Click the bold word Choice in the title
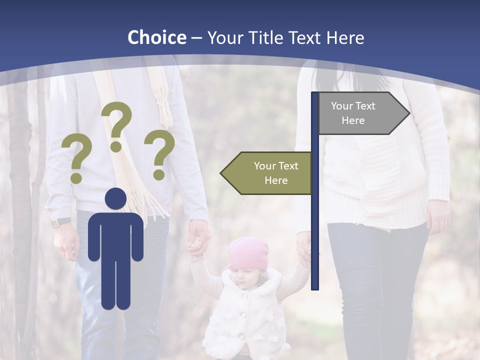[x=156, y=37]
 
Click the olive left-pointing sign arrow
[x=267, y=173]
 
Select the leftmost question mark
[x=76, y=160]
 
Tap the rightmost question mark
[x=159, y=154]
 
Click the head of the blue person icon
[x=115, y=199]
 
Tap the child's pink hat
[x=248, y=252]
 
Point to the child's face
[x=245, y=277]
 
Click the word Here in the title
[x=345, y=38]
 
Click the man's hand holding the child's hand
[x=198, y=235]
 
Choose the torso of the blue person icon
[x=115, y=235]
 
